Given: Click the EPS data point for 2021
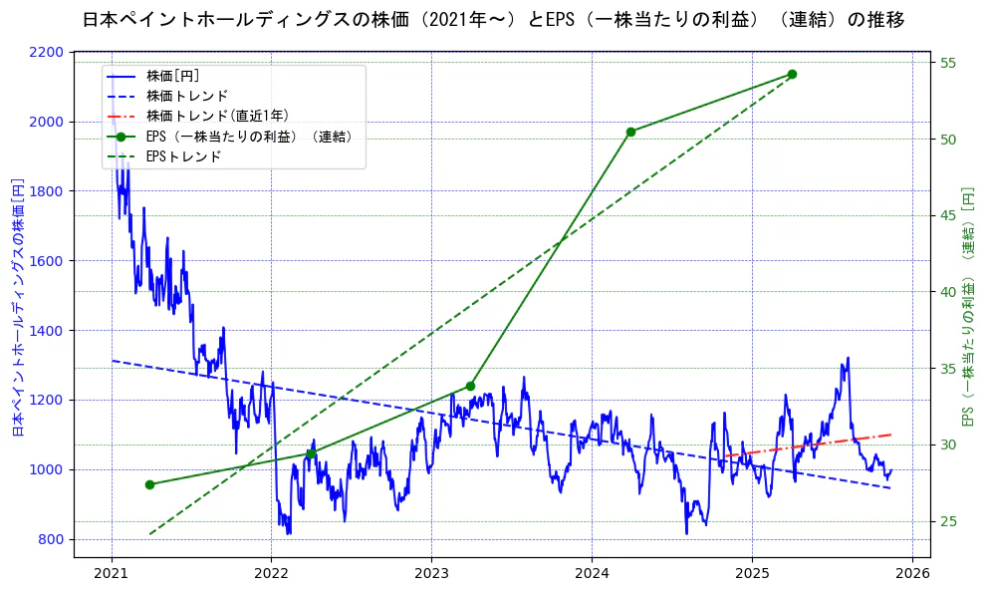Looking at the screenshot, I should click(x=149, y=484).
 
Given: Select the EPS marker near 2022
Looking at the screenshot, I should click(x=311, y=454).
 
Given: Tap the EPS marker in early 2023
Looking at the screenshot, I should click(x=470, y=387).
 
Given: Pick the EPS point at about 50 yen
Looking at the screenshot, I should click(x=630, y=132).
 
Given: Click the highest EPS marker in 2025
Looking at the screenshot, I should click(x=792, y=74).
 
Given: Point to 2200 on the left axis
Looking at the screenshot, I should click(x=74, y=52).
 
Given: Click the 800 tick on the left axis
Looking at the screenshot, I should click(x=78, y=539).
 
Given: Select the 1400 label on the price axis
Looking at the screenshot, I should click(x=74, y=331).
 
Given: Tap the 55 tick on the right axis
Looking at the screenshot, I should click(x=948, y=63).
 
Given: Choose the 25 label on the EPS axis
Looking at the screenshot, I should click(x=948, y=521).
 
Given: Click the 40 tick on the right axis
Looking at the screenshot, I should click(x=948, y=292).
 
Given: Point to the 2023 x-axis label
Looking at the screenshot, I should click(x=431, y=573).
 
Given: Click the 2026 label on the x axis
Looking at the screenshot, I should click(x=912, y=573).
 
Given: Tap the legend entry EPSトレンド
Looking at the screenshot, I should click(x=183, y=156).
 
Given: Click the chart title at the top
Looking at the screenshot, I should click(x=492, y=19).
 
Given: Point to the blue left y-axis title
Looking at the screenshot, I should click(x=18, y=308).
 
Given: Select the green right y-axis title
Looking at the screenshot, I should click(x=967, y=306).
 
